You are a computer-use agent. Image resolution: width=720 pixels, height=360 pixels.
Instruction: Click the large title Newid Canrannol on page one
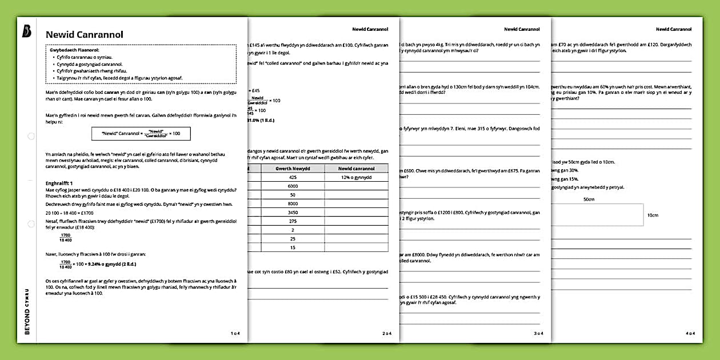pos(84,34)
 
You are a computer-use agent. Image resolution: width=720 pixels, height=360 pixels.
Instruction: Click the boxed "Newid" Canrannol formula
pos(141,133)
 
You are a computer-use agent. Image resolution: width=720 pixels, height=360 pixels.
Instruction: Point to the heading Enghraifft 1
pos(59,183)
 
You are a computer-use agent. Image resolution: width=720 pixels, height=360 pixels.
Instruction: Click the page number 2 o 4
pos(387,333)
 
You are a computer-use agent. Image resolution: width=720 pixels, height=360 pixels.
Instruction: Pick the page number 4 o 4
pos(690,333)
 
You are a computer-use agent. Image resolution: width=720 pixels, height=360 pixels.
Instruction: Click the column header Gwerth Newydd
pos(293,169)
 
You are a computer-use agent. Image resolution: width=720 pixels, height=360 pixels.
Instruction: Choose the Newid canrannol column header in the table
pos(356,169)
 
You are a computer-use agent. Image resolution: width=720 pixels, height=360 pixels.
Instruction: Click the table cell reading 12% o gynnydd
pos(356,178)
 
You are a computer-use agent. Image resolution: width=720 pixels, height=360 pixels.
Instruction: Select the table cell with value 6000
pos(293,186)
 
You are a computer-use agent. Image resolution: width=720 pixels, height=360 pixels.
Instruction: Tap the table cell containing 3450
pos(293,212)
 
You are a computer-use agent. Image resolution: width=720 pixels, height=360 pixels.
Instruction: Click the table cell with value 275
pos(293,221)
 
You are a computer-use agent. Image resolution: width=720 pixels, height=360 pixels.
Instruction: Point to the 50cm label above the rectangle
pos(588,199)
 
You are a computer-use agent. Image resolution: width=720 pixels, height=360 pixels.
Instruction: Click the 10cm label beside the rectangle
pos(652,215)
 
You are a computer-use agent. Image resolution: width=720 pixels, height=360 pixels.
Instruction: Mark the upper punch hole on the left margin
pos(31,136)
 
